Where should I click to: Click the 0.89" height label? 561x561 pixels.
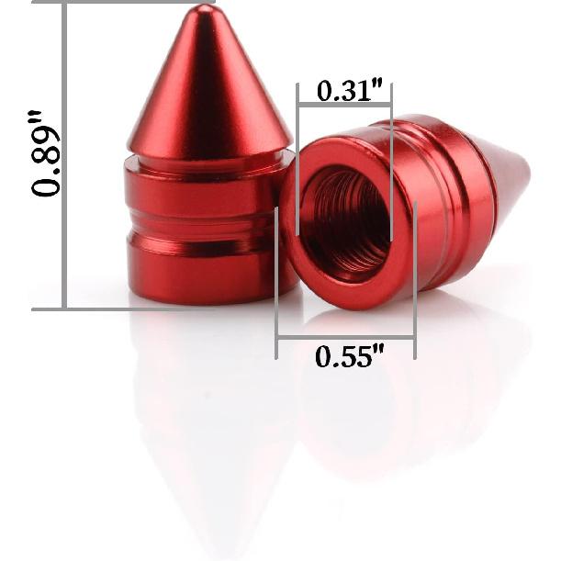[x=46, y=153]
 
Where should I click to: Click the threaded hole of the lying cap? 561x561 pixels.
[x=345, y=220]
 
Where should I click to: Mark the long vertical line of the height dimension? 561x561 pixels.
[x=64, y=156]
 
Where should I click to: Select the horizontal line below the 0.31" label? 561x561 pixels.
[x=344, y=105]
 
